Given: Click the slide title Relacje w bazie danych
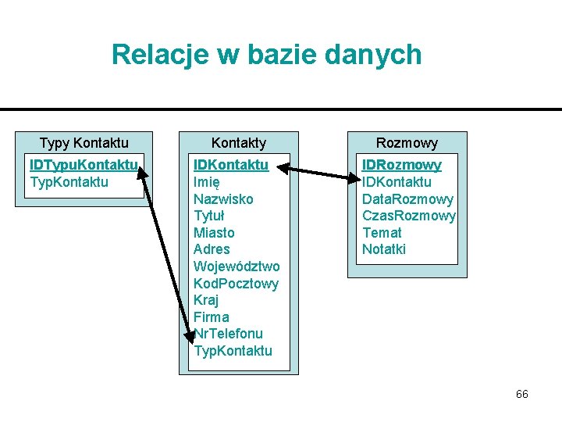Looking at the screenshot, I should click(266, 55).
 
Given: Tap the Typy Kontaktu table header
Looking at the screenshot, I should click(84, 143).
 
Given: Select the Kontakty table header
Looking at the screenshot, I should click(239, 143).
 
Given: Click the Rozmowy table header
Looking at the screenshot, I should click(407, 143).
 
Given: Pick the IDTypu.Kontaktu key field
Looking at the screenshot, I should click(84, 165).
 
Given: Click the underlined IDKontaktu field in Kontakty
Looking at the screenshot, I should click(231, 165).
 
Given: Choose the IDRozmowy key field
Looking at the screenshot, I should click(401, 165).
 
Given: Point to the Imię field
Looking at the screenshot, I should click(207, 182).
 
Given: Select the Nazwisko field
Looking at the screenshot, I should click(223, 199).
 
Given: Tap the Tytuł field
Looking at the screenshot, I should click(209, 216).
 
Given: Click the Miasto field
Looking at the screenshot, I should click(214, 233).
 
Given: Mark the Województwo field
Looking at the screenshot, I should click(237, 266).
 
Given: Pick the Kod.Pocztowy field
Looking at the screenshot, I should click(236, 284).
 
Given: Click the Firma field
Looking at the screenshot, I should click(211, 317).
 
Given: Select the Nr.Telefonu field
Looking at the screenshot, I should click(229, 334).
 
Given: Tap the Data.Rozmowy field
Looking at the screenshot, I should click(407, 199).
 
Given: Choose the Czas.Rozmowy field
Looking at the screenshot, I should click(408, 216).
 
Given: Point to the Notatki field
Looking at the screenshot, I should click(384, 250).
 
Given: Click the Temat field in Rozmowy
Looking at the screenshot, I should click(382, 233).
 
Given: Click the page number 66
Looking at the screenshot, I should click(521, 395).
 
